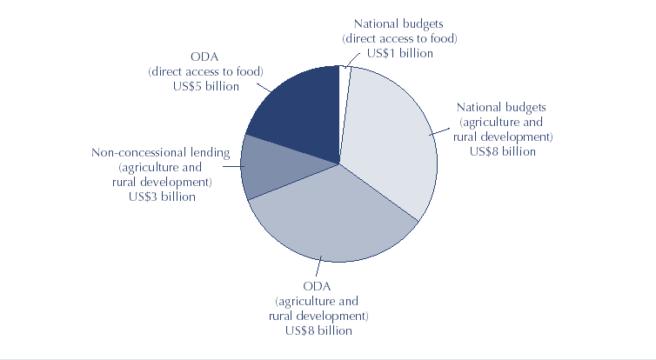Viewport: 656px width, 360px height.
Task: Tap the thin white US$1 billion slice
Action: coord(344,78)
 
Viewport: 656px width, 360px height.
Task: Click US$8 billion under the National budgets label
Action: coord(502,151)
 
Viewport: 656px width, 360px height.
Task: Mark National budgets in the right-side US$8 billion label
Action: coord(502,107)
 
